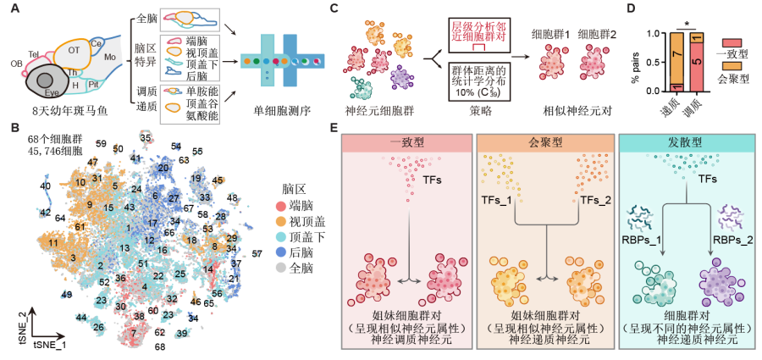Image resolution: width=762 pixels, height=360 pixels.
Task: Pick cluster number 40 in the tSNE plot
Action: point(45,186)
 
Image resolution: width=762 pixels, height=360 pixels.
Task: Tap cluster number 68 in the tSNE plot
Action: point(159,346)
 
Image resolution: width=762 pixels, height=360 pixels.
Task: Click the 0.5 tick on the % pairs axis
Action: point(654,62)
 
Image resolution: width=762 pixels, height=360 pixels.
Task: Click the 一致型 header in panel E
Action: point(408,141)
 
